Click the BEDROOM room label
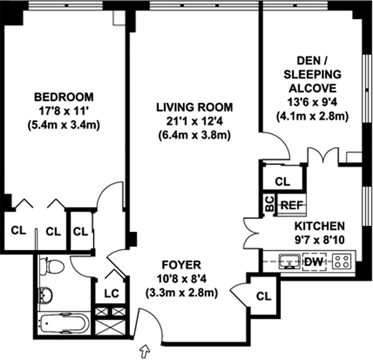point(64,97)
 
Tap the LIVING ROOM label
point(195,108)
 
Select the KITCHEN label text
point(319,226)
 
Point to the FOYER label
point(181,265)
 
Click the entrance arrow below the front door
point(145,351)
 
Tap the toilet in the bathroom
point(52,266)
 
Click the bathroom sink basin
point(45,296)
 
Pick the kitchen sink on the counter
point(290,262)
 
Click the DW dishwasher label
point(314,262)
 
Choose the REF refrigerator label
point(292,205)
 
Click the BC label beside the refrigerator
point(269,204)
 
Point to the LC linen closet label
point(112,294)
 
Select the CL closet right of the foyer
point(264,296)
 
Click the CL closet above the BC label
point(283,182)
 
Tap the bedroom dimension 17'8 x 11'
point(64,111)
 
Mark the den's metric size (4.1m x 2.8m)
point(313,117)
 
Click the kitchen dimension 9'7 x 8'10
point(319,240)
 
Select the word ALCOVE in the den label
point(313,88)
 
